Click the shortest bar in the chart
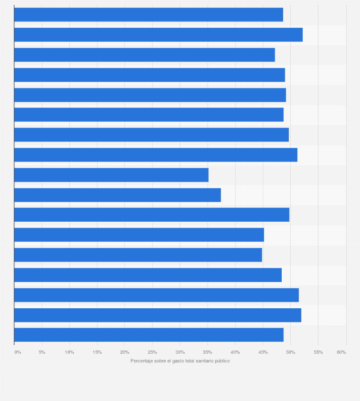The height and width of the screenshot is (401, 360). [x=111, y=175]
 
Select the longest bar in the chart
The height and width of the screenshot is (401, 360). [x=158, y=35]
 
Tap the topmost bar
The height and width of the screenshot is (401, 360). [x=148, y=15]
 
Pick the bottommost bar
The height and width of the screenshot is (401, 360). [x=148, y=335]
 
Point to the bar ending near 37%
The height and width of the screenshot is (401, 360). [x=117, y=195]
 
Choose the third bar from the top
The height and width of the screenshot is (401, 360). [x=144, y=55]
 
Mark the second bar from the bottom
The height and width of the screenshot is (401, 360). [x=158, y=315]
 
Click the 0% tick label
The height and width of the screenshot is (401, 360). [x=18, y=352]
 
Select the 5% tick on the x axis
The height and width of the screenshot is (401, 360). [x=42, y=352]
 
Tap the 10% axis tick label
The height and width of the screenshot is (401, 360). [x=69, y=352]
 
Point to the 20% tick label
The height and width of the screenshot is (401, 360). [x=125, y=352]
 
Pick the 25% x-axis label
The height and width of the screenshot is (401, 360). [x=152, y=352]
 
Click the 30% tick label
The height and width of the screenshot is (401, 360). [x=180, y=352]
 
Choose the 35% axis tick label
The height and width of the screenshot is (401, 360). [x=208, y=352]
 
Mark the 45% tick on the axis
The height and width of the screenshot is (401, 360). [x=263, y=352]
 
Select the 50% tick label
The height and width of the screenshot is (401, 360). [x=290, y=352]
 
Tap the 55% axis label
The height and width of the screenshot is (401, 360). [x=318, y=352]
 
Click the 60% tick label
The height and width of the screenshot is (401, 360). [x=341, y=352]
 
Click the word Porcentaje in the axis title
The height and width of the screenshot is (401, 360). [x=141, y=361]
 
